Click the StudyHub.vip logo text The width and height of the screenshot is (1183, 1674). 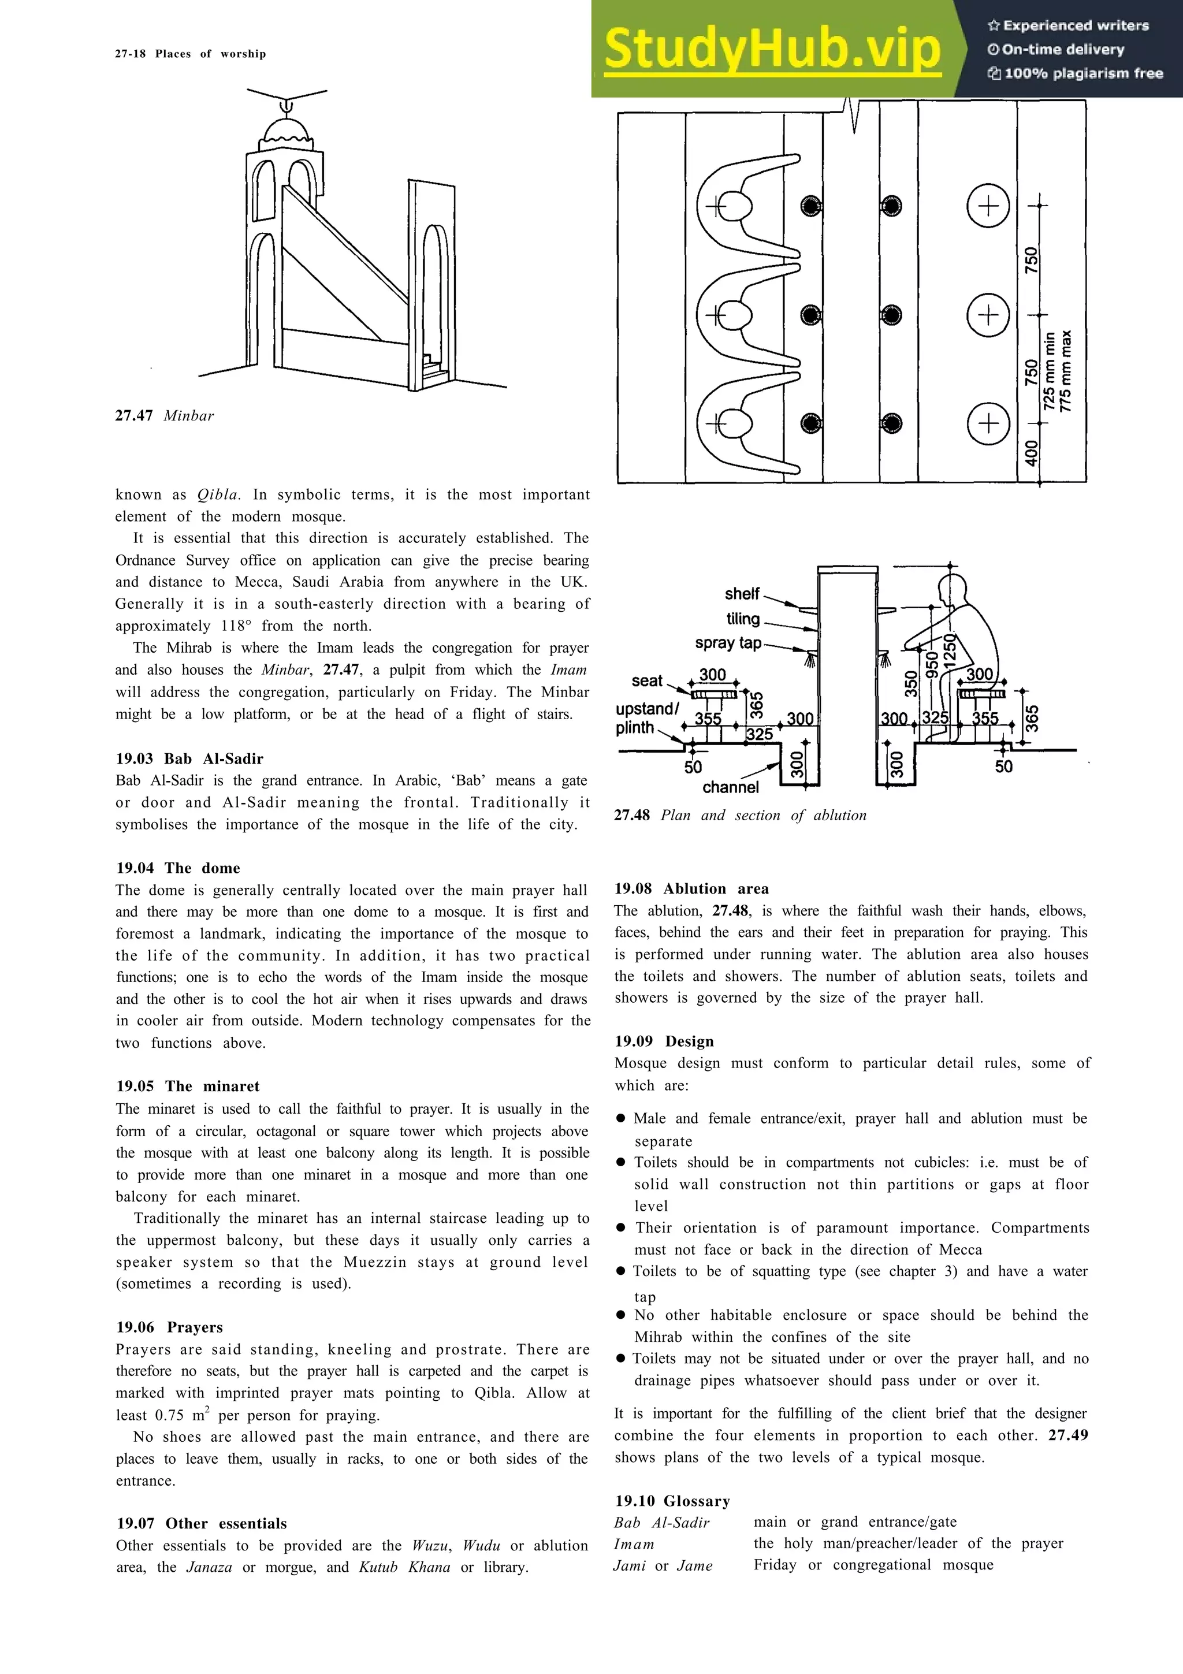click(773, 50)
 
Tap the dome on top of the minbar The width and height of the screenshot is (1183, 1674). click(287, 133)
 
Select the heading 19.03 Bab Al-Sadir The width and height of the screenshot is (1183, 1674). click(189, 758)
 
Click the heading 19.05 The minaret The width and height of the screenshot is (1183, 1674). click(188, 1087)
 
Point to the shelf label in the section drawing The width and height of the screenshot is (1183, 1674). click(742, 593)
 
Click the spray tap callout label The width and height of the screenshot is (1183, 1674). click(728, 643)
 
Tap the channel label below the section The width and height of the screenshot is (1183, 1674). click(730, 787)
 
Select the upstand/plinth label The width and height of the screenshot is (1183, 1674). click(646, 718)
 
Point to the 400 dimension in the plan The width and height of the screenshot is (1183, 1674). click(1031, 453)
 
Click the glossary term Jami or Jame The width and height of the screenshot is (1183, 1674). click(663, 1565)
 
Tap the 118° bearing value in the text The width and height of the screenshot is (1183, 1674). click(236, 626)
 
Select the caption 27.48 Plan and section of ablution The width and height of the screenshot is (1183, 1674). click(740, 815)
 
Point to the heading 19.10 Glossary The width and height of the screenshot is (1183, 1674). click(672, 1501)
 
